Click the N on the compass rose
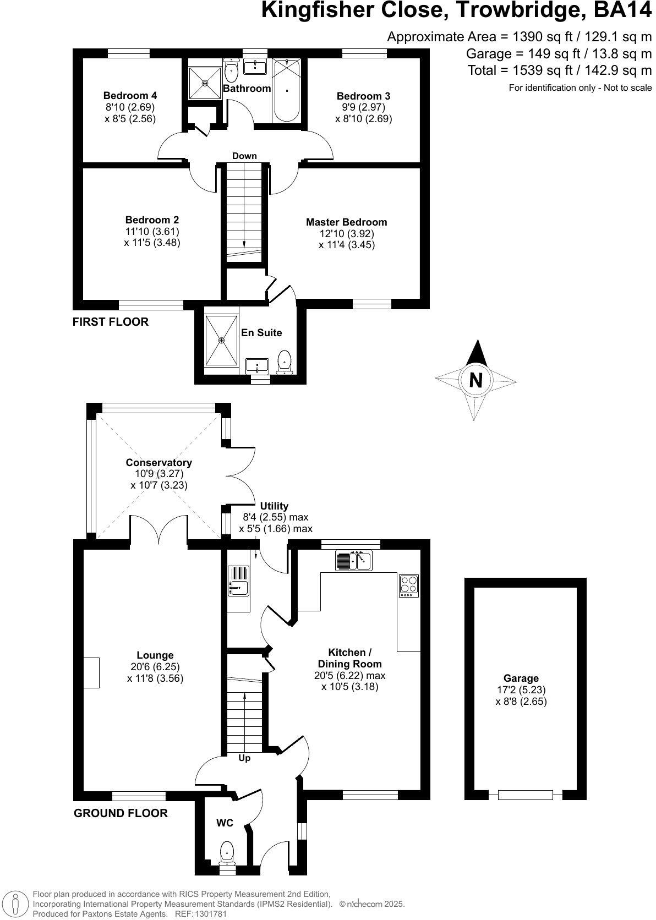[476, 380]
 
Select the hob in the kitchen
[408, 585]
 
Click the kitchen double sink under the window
[353, 561]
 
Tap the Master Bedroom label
[346, 222]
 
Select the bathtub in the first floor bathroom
[286, 91]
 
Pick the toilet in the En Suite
[285, 362]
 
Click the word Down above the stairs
[244, 156]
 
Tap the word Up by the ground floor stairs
[244, 758]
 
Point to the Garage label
[521, 678]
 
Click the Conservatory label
[158, 463]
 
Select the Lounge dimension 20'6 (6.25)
[155, 666]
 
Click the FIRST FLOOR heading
[111, 322]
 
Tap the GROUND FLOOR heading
[121, 813]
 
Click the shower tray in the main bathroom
[205, 83]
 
